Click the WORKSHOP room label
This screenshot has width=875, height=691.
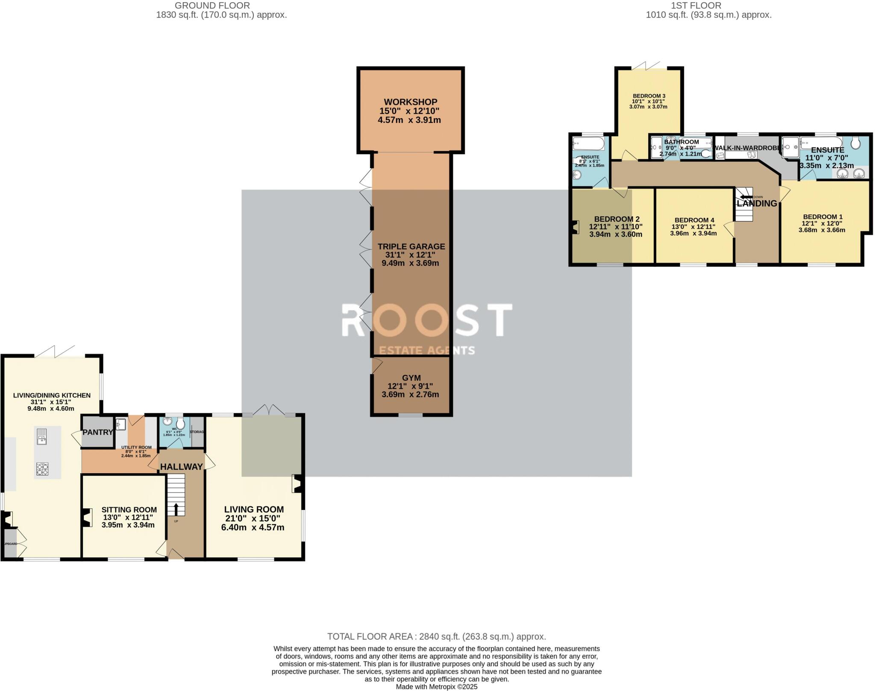pos(410,102)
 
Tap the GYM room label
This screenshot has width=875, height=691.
pos(411,378)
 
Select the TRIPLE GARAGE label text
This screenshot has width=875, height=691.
pos(411,246)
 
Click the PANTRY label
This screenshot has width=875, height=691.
pos(98,432)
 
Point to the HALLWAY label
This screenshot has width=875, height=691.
pos(181,467)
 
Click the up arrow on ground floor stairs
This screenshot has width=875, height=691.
pos(176,509)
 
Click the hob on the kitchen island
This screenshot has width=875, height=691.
pos(42,469)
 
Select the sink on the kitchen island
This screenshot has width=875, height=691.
pos(42,436)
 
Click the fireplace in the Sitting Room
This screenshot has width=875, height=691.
pos(88,517)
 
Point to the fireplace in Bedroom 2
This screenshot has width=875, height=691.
pos(574,227)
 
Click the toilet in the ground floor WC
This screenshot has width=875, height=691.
pos(181,424)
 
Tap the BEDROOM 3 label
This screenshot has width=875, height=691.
pos(649,96)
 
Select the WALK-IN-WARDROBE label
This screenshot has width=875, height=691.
pos(747,148)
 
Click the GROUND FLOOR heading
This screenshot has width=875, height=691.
pos(212,6)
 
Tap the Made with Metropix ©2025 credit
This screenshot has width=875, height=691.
pos(436,687)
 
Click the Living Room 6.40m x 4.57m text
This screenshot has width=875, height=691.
pos(253,527)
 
